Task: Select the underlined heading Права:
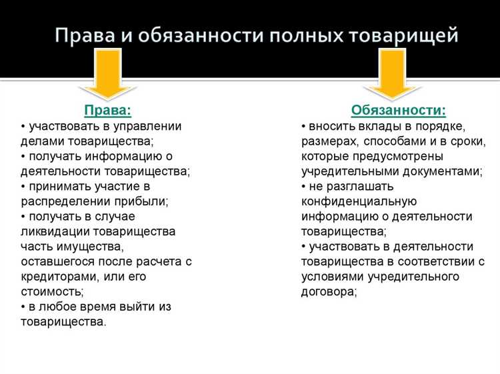coord(107,110)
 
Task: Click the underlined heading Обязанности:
coord(398,110)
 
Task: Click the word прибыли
coord(140,200)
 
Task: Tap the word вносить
coord(332,125)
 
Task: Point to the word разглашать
coord(361,186)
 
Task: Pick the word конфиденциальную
coord(359,201)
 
